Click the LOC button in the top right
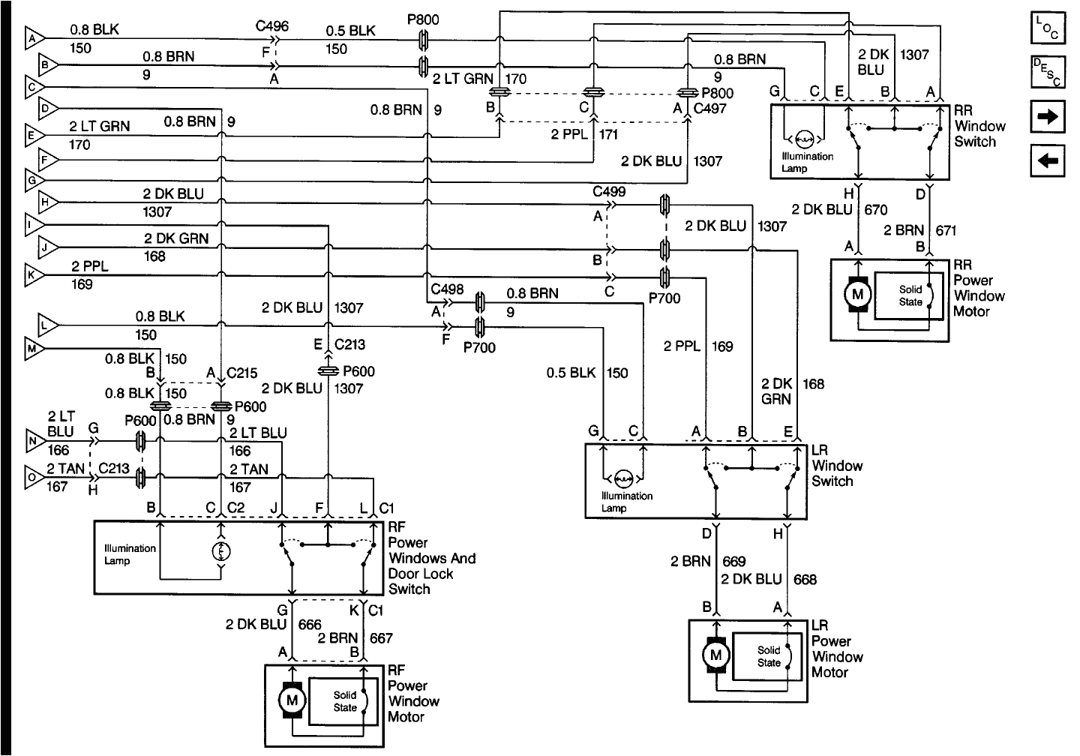[1047, 30]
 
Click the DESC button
[1047, 73]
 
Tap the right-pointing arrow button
[1047, 117]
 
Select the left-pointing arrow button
[1047, 160]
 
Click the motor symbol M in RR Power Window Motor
[858, 296]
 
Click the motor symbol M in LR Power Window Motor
[715, 655]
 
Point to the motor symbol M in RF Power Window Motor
[292, 700]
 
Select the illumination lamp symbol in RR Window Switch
[804, 139]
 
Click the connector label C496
[271, 26]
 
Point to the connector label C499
[608, 192]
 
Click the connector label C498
[447, 289]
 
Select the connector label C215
[242, 373]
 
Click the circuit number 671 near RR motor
[946, 230]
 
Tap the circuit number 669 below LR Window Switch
[734, 561]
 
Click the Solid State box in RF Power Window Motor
[346, 701]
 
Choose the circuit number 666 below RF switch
[310, 624]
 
